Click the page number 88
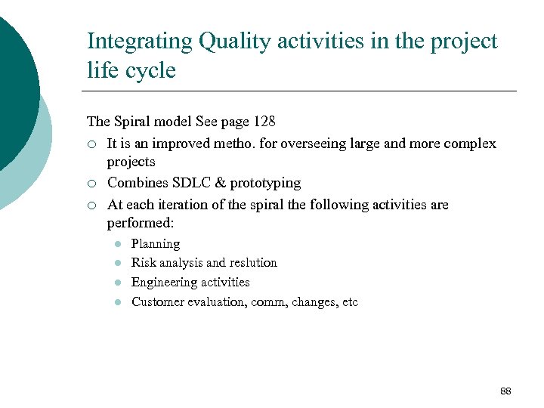(505, 391)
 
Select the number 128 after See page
(264, 121)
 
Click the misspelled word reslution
(253, 263)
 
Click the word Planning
(156, 244)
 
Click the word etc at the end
(349, 302)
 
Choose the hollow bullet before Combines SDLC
(91, 184)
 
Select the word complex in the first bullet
(470, 144)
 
